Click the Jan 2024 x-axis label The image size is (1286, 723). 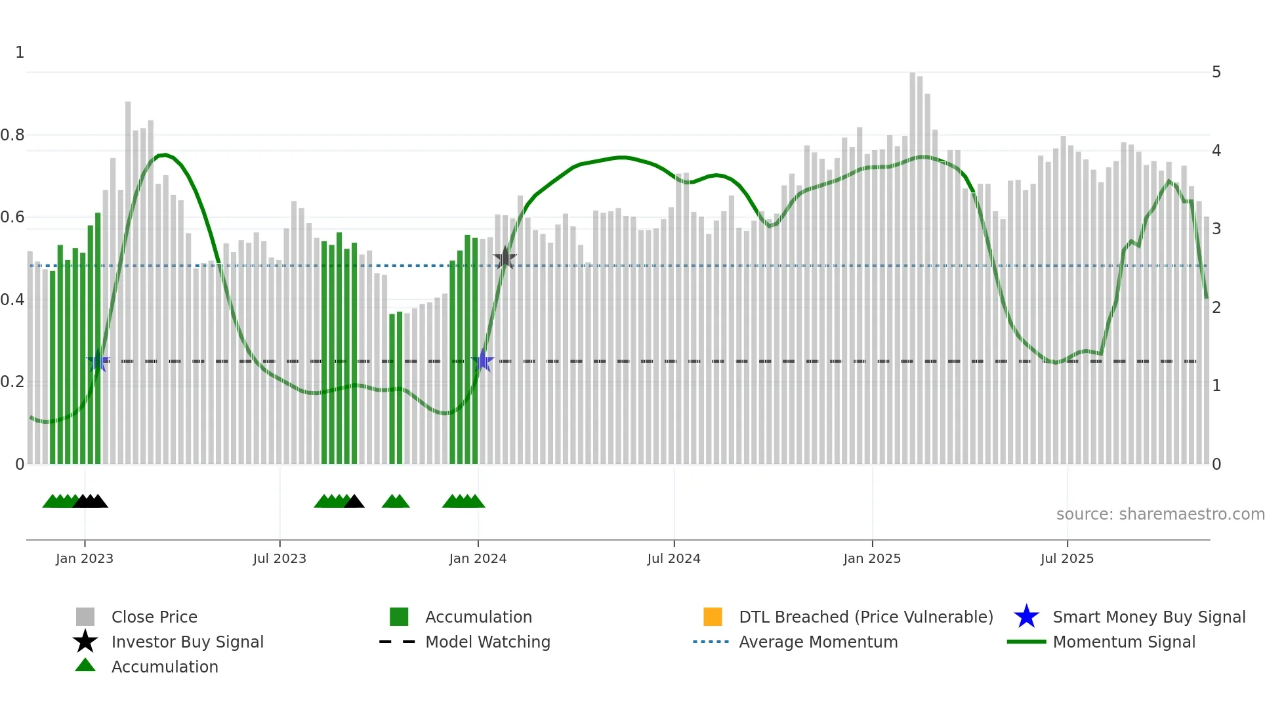click(x=478, y=558)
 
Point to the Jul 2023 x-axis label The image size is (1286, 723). click(x=280, y=558)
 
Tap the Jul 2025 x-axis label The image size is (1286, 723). click(x=1067, y=558)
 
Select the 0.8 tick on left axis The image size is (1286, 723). click(x=13, y=135)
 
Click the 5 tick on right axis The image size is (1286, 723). click(x=1216, y=72)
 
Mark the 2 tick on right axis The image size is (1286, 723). click(x=1216, y=307)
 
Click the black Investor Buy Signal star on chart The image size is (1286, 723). click(x=505, y=258)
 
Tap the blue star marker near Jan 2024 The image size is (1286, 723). click(x=483, y=361)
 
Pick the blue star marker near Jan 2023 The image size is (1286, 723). click(x=98, y=361)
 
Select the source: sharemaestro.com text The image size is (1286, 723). click(x=1160, y=514)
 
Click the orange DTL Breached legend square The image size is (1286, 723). click(x=713, y=617)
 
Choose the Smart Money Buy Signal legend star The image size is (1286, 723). click(x=1026, y=617)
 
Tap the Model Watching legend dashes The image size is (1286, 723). click(x=397, y=642)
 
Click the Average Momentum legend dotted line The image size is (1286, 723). click(x=711, y=642)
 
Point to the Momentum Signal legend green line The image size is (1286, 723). click(x=1026, y=642)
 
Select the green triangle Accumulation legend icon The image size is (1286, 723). click(x=85, y=666)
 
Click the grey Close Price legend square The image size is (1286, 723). click(x=85, y=617)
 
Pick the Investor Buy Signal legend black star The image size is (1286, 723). click(x=85, y=642)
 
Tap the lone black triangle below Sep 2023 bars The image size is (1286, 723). click(x=354, y=502)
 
